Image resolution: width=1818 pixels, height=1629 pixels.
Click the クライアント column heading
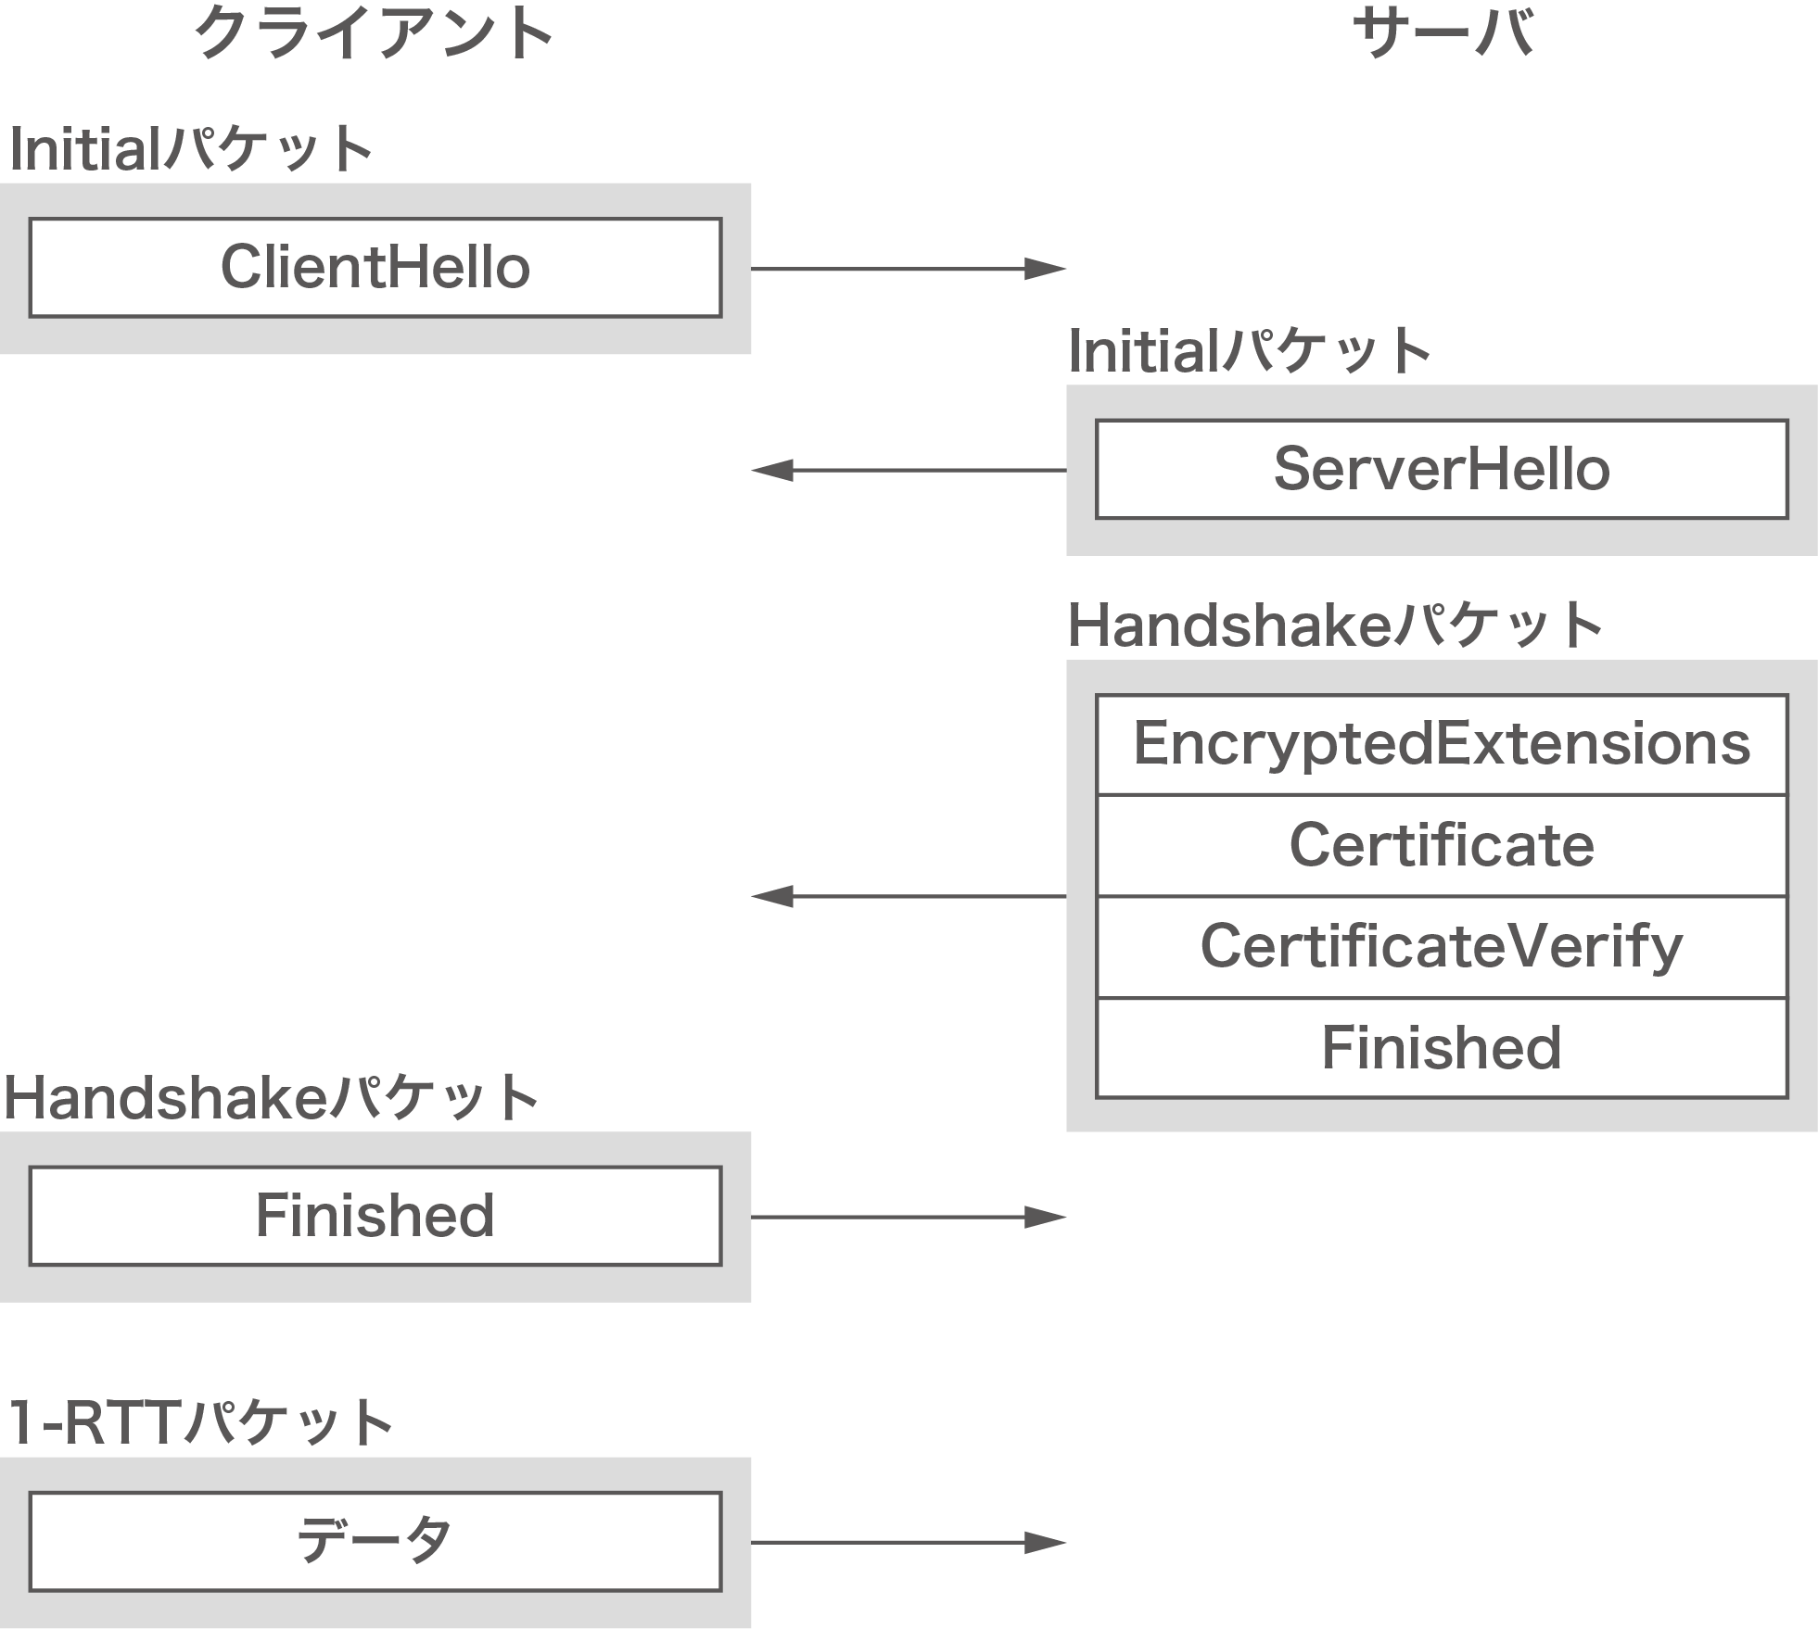pyautogui.click(x=374, y=33)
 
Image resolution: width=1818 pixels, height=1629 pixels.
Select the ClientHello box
pyautogui.click(x=375, y=268)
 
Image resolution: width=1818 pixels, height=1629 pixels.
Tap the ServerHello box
pyautogui.click(x=1442, y=469)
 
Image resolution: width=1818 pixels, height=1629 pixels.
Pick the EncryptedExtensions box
pyautogui.click(x=1442, y=744)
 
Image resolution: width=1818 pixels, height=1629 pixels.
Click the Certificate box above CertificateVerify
pyautogui.click(x=1442, y=845)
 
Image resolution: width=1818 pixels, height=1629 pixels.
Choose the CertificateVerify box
pyautogui.click(x=1442, y=946)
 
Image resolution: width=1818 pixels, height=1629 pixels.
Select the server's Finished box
pyautogui.click(x=1442, y=1048)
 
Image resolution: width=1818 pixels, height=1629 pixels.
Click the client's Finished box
pyautogui.click(x=375, y=1216)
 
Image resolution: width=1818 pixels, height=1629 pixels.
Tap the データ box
pyautogui.click(x=375, y=1541)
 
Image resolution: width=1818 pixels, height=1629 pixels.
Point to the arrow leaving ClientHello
pyautogui.click(x=909, y=269)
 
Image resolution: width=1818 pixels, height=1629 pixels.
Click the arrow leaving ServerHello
pyautogui.click(x=909, y=470)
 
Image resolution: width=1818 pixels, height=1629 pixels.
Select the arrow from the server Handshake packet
pyautogui.click(x=909, y=896)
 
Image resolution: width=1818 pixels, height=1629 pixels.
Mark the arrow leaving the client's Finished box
pyautogui.click(x=909, y=1217)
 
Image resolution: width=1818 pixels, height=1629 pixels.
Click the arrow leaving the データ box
pyautogui.click(x=909, y=1542)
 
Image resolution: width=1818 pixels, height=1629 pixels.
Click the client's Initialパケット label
pyautogui.click(x=191, y=149)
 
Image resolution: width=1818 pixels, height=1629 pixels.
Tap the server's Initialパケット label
pyautogui.click(x=1250, y=351)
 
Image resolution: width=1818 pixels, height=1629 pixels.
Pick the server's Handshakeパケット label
pyautogui.click(x=1335, y=625)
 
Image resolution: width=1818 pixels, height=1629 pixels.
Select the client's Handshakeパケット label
pyautogui.click(x=271, y=1097)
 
